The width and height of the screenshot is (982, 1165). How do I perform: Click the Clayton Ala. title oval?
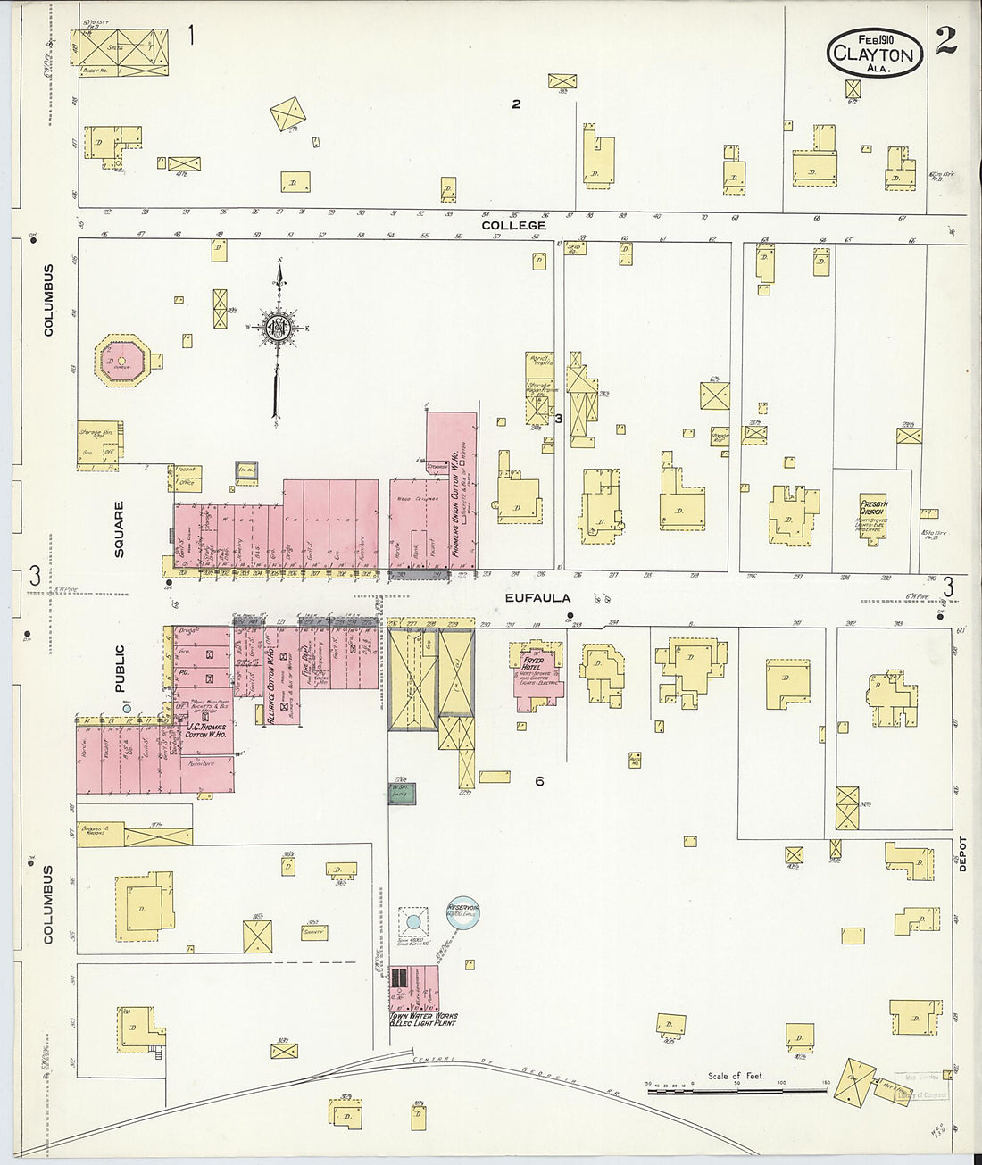coord(874,53)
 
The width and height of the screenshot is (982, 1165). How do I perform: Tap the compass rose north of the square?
coord(278,329)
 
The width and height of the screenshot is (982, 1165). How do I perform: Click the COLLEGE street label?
coord(513,226)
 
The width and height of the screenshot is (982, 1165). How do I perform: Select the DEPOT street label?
coord(962,853)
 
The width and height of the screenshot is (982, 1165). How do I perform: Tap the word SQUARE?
coord(120,529)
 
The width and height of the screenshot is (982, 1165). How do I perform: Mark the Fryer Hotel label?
coord(534,666)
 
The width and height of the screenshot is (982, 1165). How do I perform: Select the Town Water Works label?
coord(423,1019)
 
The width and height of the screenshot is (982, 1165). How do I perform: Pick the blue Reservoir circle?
coord(463,911)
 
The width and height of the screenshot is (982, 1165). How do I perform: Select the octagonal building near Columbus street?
coord(121,362)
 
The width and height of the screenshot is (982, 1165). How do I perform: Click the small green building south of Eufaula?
coord(402,793)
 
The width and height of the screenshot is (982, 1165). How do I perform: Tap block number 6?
coord(539,782)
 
